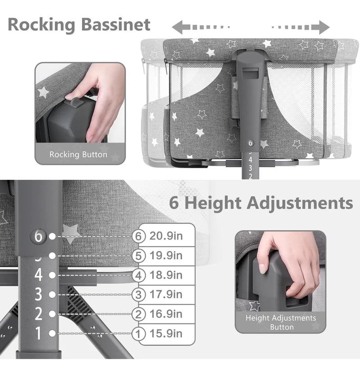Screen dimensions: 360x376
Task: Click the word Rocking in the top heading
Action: coord(41,25)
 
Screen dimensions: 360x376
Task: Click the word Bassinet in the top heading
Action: coord(116,24)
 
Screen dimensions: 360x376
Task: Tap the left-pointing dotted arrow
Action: coord(201,27)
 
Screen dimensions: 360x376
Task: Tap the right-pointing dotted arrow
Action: coord(301,27)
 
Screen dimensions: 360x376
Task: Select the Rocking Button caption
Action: coord(78,154)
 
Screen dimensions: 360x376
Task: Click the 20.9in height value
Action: coord(166,236)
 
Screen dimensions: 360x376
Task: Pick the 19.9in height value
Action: coord(166,255)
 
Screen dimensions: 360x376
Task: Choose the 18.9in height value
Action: coord(166,275)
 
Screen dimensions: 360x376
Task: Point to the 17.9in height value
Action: coord(166,295)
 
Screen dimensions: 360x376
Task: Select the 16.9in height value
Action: coord(166,314)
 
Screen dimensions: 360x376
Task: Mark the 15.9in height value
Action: coord(166,334)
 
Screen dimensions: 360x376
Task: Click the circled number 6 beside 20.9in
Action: coord(139,236)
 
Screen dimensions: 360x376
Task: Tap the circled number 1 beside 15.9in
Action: coord(139,334)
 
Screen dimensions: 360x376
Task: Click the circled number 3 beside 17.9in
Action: coord(139,295)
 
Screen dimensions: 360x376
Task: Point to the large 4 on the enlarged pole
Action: coord(38,275)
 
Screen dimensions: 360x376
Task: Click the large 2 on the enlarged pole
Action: coord(38,313)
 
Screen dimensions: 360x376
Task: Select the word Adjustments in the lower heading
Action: coord(300,203)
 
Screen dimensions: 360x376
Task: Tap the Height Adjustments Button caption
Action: coord(281,322)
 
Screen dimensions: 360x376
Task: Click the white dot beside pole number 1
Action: coord(52,333)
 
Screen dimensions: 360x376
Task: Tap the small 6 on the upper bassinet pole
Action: coord(250,143)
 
